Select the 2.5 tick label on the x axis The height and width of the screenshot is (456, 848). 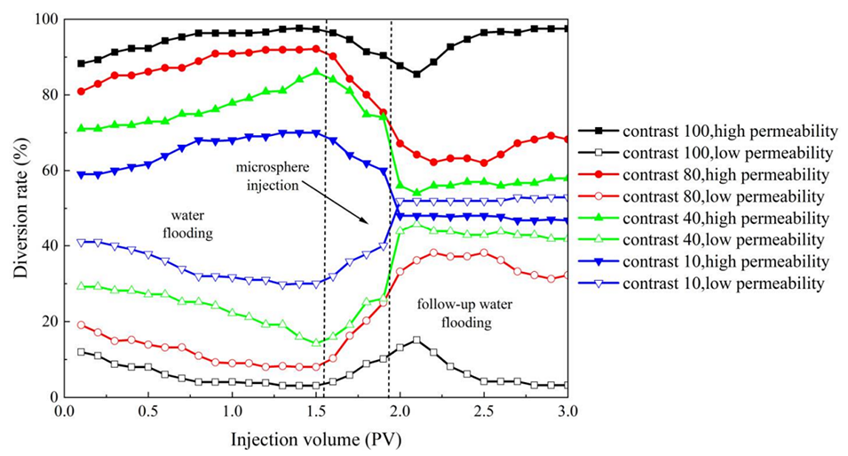484,412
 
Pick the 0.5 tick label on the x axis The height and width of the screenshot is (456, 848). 147,412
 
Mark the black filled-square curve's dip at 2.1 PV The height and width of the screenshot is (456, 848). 416,75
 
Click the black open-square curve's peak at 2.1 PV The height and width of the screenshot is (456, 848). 416,340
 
